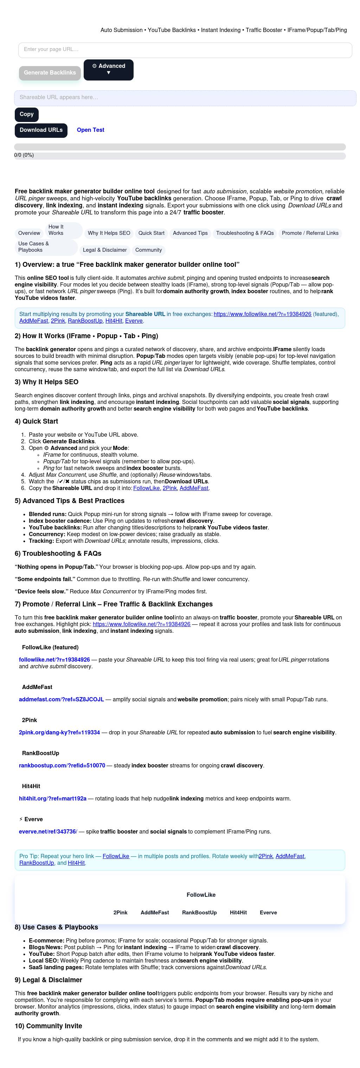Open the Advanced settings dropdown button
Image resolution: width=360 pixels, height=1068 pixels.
(108, 70)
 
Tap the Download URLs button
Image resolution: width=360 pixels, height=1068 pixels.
(41, 130)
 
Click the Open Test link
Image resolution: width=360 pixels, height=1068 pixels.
(90, 130)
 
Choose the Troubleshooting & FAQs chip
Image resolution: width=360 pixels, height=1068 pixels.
(245, 233)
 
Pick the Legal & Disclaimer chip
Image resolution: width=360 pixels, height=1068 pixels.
(104, 250)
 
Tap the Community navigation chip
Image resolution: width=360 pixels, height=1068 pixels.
(148, 250)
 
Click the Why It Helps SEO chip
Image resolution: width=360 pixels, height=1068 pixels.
(109, 233)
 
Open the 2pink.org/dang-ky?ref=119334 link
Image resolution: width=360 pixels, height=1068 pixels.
(59, 733)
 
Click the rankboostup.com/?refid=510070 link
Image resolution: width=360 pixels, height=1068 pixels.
(62, 766)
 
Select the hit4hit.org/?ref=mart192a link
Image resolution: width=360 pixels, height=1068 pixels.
(53, 799)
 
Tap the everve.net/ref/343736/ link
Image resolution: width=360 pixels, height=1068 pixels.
(48, 832)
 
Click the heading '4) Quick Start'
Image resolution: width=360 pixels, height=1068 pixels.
(36, 422)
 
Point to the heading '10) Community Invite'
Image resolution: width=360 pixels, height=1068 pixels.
(48, 1026)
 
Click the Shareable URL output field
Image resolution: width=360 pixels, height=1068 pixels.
(185, 98)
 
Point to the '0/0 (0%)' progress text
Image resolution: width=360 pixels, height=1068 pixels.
(24, 155)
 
